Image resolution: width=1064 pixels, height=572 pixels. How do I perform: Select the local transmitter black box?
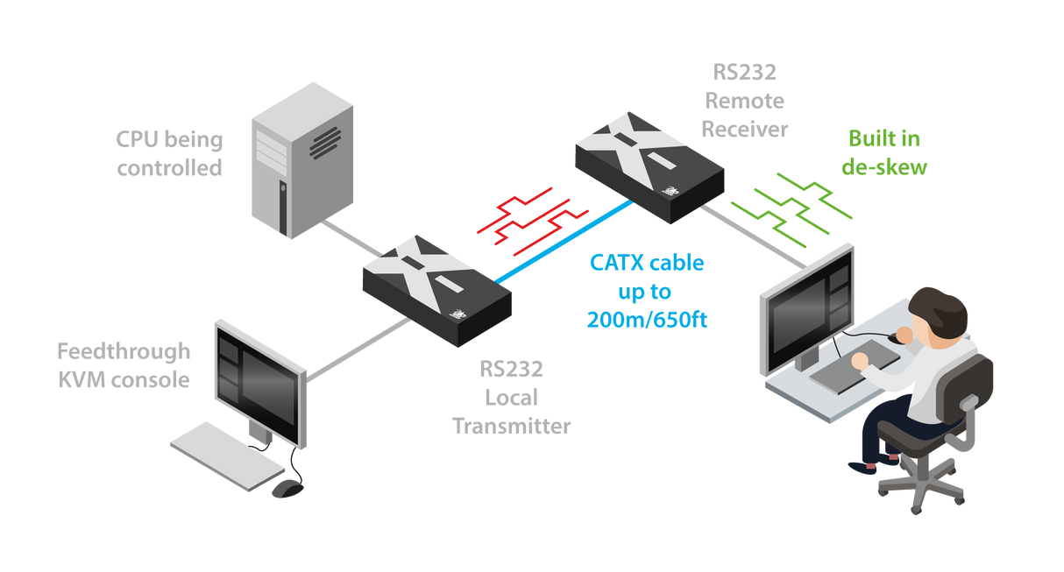click(x=436, y=289)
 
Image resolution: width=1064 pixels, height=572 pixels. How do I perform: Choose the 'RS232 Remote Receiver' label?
click(x=745, y=101)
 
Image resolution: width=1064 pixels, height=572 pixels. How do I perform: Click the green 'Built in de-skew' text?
click(x=883, y=152)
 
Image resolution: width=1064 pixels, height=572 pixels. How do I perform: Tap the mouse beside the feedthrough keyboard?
click(x=286, y=489)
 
